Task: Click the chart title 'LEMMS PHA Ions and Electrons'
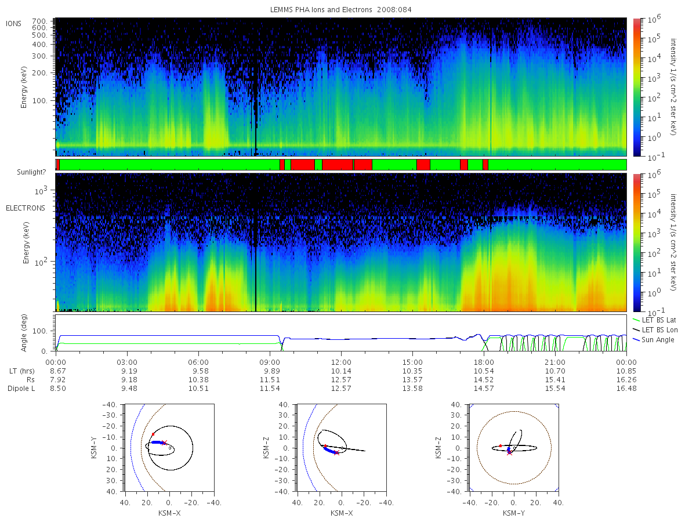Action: coord(321,10)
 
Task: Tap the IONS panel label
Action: coord(13,24)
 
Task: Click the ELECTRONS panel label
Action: coord(26,208)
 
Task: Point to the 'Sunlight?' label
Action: coord(31,172)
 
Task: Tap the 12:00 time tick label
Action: coord(341,362)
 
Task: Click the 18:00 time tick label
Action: coord(484,362)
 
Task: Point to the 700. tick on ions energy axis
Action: coord(39,21)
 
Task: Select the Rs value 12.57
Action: coord(341,380)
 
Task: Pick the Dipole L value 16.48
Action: coord(626,389)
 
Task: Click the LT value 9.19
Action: coord(129,371)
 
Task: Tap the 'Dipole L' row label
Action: coord(21,389)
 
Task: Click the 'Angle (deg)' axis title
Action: coord(24,333)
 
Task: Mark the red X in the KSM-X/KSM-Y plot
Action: coord(164,443)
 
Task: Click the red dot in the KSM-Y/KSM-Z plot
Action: coord(501,446)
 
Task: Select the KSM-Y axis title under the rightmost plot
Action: coord(514,513)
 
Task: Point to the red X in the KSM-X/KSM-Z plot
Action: coord(336,452)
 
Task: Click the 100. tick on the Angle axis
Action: coord(39,331)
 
